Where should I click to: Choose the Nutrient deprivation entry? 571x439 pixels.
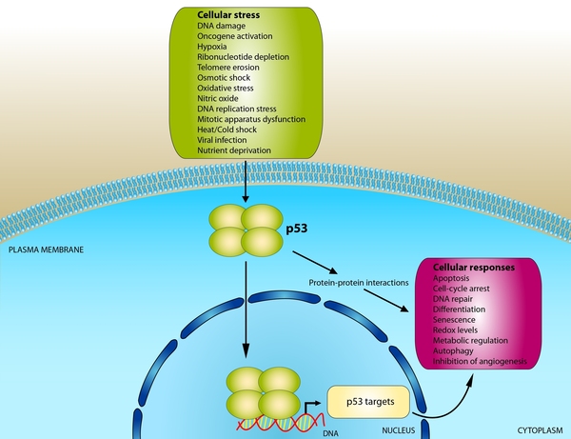(x=234, y=150)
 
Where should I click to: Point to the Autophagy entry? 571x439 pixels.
(x=455, y=350)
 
